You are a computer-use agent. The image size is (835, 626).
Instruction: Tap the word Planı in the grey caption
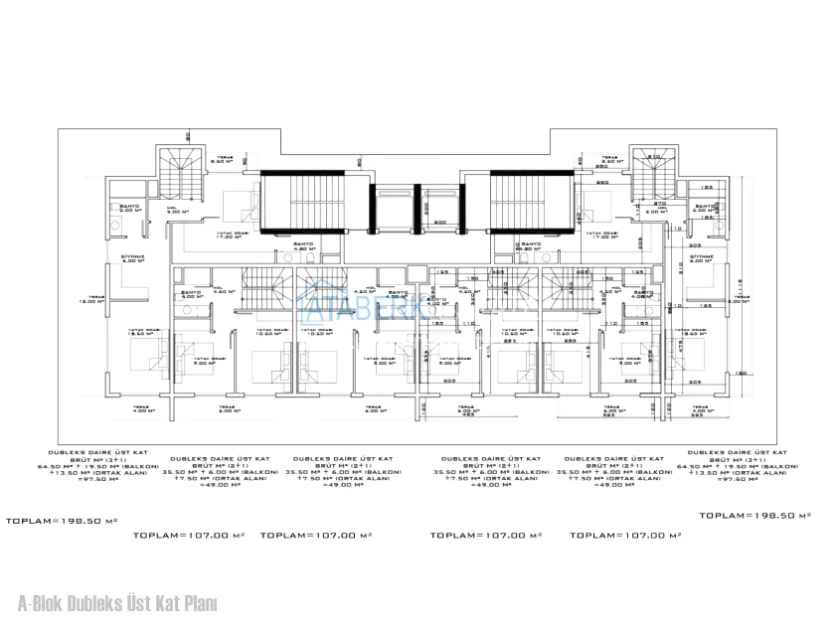199,602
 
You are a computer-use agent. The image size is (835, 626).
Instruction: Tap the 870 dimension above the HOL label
659,203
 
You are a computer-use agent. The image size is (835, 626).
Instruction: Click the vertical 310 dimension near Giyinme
680,267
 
